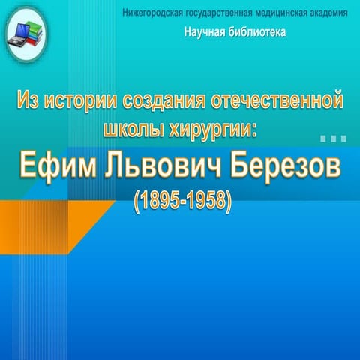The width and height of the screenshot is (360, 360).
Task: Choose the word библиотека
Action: coord(259,34)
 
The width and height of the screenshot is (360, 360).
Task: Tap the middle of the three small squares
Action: coord(333,139)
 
